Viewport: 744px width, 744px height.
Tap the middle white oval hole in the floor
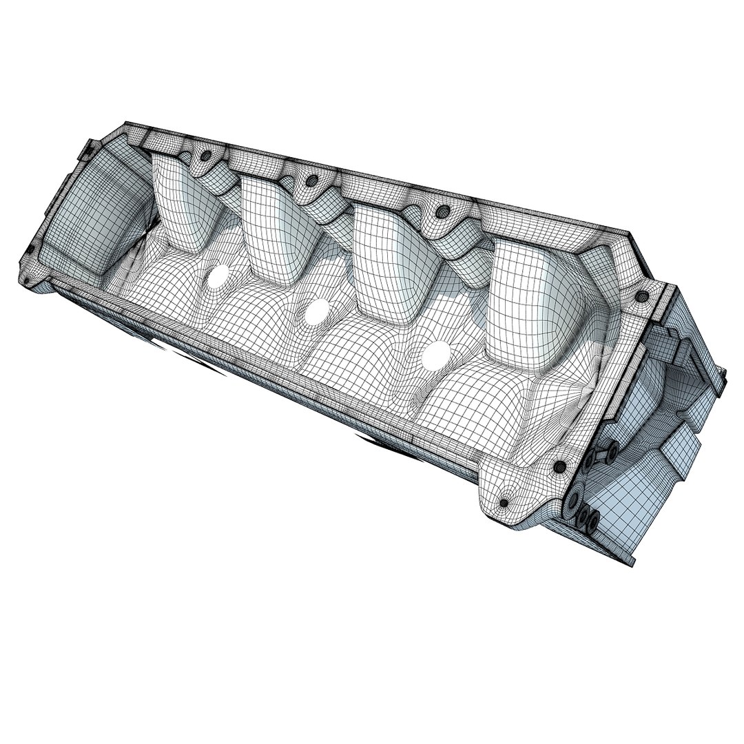coord(316,312)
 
